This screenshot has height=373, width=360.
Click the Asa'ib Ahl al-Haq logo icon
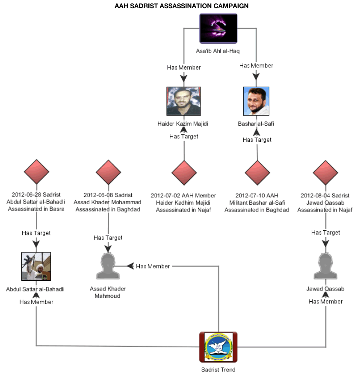(x=218, y=29)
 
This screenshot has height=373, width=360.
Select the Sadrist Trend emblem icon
(x=218, y=347)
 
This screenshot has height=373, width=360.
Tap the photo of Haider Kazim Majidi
(x=183, y=101)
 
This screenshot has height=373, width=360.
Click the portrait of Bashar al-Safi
(x=256, y=101)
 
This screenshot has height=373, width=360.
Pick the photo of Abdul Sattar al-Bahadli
(x=36, y=266)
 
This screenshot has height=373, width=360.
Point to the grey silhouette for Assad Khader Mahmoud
(x=108, y=266)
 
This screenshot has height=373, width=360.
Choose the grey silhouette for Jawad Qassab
(x=325, y=266)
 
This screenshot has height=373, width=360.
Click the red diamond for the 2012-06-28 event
(x=36, y=172)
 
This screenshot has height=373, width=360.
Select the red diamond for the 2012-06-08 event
(x=108, y=172)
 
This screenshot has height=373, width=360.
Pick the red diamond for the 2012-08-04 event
(x=325, y=172)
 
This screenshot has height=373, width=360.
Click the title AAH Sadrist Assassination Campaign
(x=181, y=6)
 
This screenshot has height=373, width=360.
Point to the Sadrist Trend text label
(x=218, y=370)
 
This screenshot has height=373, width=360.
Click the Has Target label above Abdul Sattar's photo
(x=36, y=233)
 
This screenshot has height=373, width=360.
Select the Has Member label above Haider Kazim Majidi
(x=184, y=68)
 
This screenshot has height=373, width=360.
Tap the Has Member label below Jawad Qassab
(x=326, y=301)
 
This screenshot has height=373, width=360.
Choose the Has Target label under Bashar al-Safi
(x=257, y=140)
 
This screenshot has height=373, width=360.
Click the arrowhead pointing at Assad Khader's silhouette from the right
(x=130, y=266)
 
